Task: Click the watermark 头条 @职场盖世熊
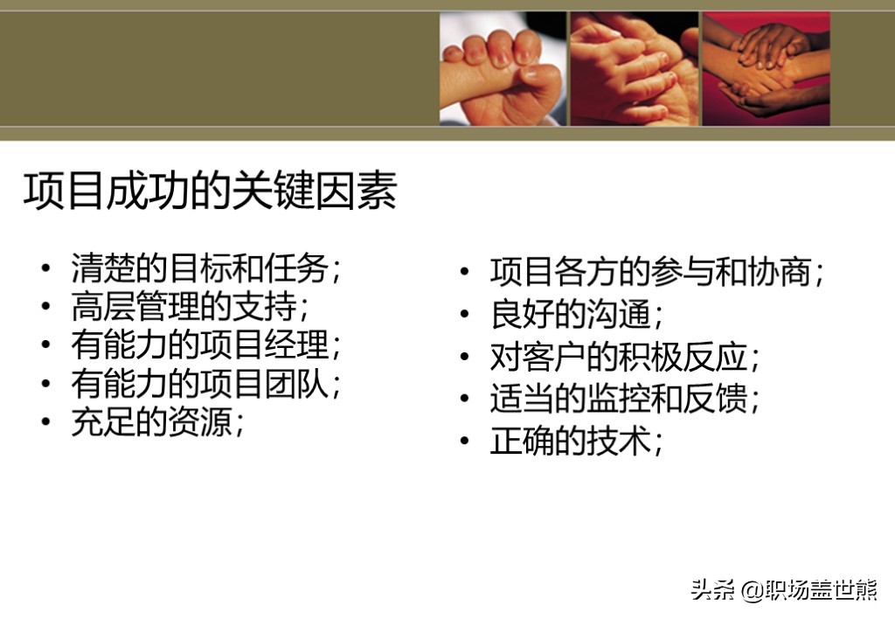(784, 590)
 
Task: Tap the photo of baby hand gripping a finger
(503, 68)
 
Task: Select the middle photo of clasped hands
(635, 68)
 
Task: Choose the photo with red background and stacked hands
(766, 68)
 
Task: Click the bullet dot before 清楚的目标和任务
(45, 268)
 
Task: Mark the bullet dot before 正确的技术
(465, 441)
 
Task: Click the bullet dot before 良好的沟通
(465, 314)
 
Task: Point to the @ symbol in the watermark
(753, 590)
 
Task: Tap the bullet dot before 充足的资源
(45, 421)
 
